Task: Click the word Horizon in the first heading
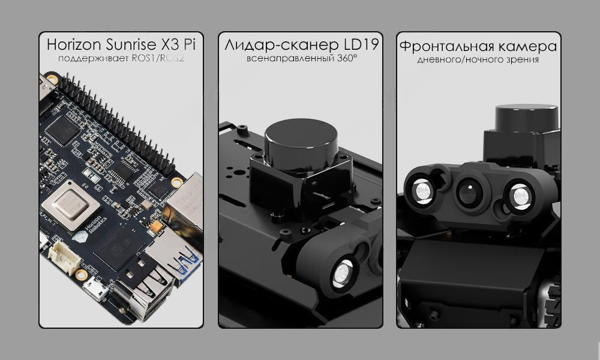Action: point(74,44)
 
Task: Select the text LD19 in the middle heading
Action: point(361,45)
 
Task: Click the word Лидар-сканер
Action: point(283,45)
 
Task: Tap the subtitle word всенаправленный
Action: point(291,59)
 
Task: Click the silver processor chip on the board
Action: point(70,205)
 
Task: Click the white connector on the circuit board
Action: point(64,257)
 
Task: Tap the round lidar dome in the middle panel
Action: point(301,139)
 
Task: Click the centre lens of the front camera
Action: point(467,191)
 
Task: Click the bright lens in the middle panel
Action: point(342,273)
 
